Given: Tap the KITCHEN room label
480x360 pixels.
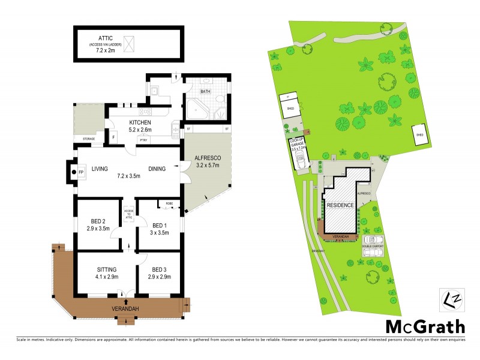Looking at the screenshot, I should click(143, 122).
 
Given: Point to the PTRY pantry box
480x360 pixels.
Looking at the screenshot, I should click(144, 140).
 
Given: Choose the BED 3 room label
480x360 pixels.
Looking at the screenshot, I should click(161, 269).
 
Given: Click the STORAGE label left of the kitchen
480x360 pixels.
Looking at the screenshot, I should click(88, 139).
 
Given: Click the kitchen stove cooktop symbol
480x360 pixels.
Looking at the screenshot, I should click(145, 112).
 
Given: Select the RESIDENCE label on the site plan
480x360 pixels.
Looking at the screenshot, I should click(340, 205).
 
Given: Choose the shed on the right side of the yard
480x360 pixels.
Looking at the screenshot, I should click(419, 134).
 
